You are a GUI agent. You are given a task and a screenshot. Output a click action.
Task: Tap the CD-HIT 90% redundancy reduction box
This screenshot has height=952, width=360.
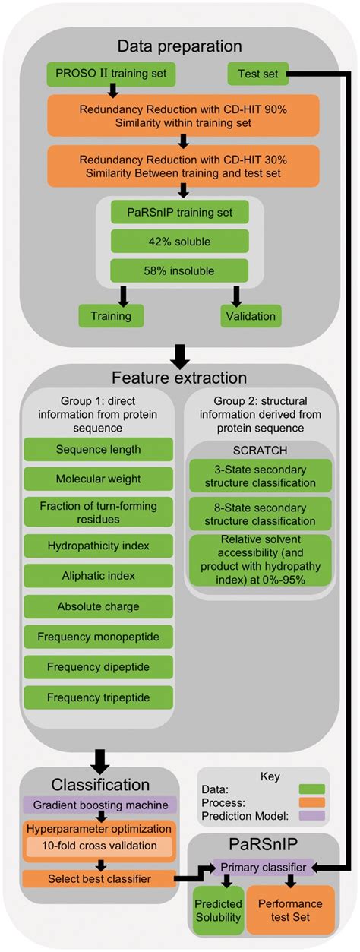(x=182, y=115)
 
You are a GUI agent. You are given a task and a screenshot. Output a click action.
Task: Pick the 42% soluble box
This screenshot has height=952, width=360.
(x=182, y=241)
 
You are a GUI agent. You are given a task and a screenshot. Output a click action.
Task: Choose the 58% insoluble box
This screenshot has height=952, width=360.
(x=182, y=270)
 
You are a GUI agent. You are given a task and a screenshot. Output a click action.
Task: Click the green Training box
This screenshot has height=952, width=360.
(x=111, y=314)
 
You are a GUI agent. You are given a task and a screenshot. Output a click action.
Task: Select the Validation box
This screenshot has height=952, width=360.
(x=251, y=314)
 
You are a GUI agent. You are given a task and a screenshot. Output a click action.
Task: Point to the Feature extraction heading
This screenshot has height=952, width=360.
(x=179, y=378)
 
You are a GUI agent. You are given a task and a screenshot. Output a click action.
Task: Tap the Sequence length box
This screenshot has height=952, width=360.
(x=99, y=449)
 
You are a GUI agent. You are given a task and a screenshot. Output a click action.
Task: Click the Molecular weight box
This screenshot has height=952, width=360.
(x=99, y=479)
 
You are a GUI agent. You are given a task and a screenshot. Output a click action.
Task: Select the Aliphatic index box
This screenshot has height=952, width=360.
(x=99, y=575)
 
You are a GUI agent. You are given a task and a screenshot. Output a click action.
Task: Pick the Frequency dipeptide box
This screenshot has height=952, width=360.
(x=99, y=666)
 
